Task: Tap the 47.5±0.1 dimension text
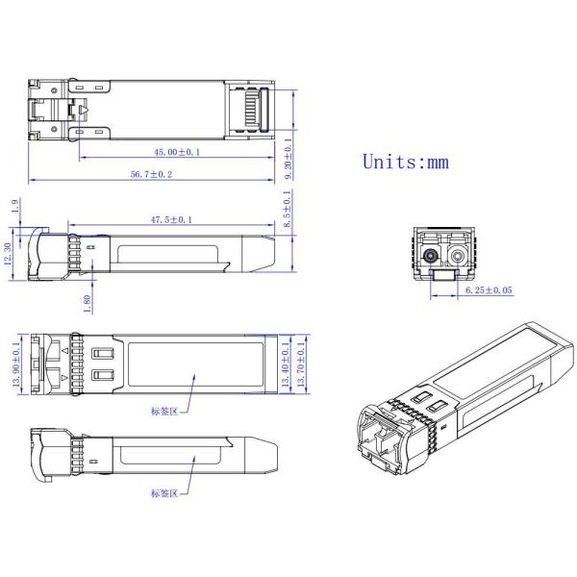(x=170, y=220)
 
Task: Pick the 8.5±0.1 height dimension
(x=289, y=211)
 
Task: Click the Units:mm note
(x=405, y=161)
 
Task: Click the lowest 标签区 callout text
(x=164, y=493)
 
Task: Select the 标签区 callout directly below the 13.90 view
(x=164, y=412)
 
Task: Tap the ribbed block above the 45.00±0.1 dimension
(x=252, y=108)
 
